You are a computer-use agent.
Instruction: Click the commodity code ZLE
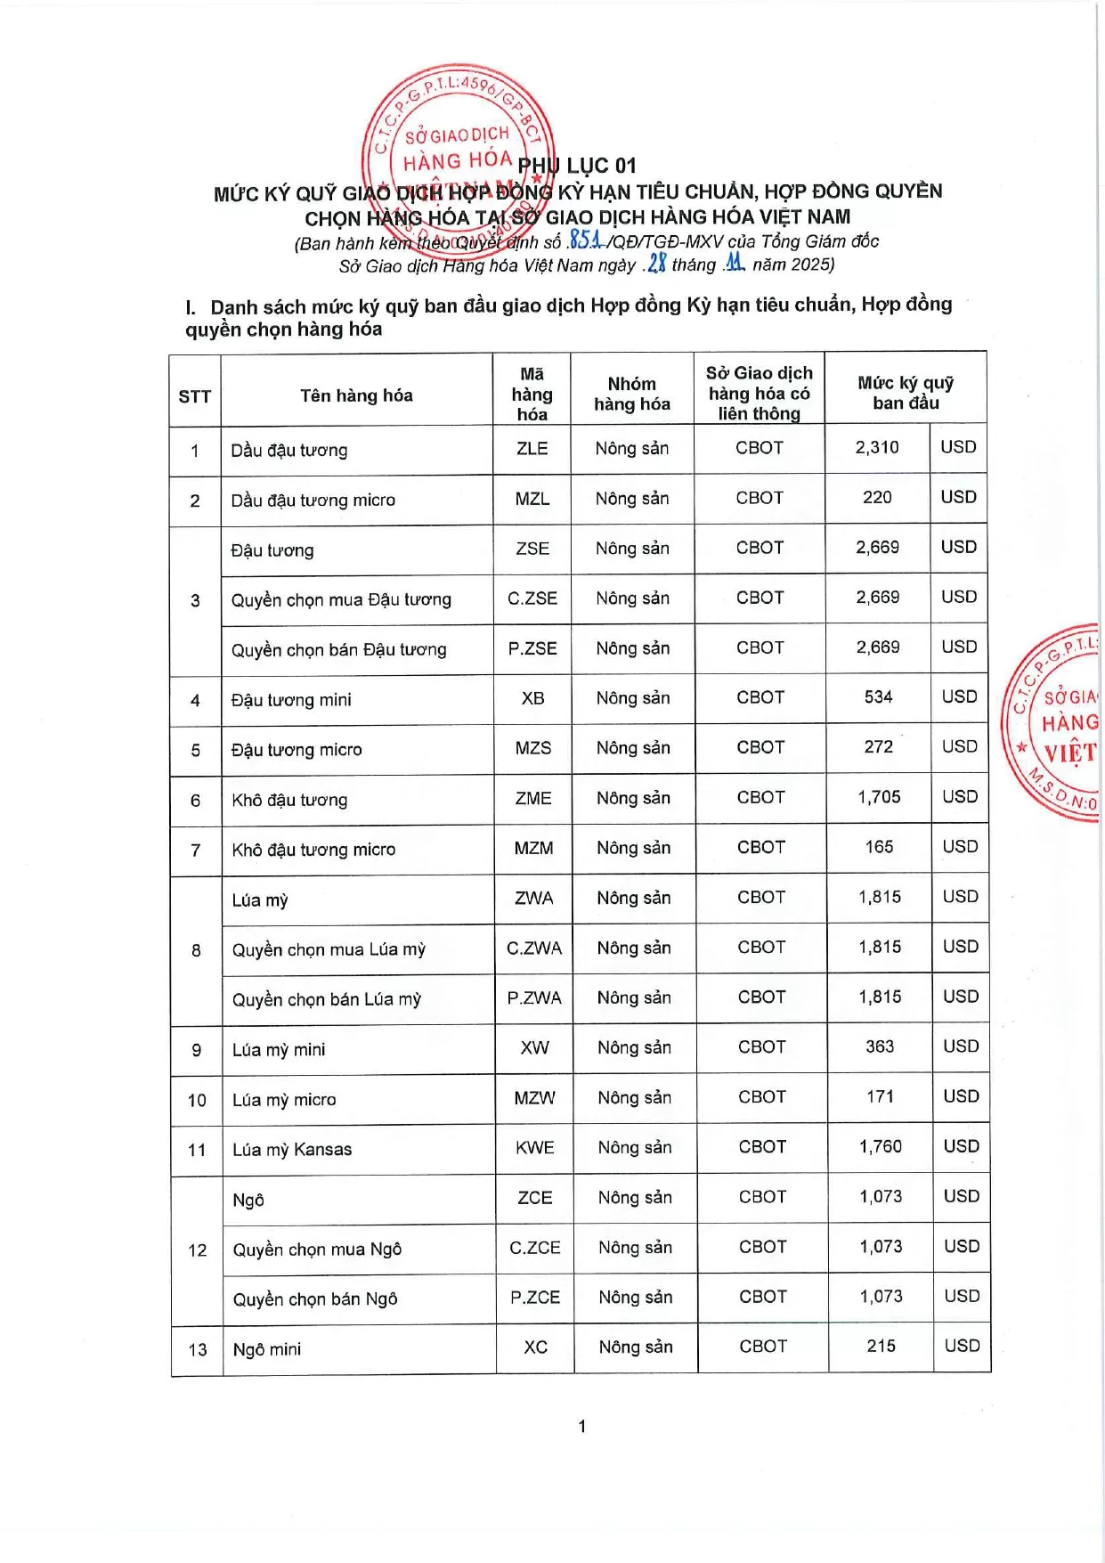(532, 448)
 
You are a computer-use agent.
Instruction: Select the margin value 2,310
(877, 447)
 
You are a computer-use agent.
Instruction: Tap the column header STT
(194, 396)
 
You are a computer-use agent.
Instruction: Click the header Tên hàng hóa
(356, 395)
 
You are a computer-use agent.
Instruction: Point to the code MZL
(532, 499)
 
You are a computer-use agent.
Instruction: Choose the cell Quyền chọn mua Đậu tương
(341, 599)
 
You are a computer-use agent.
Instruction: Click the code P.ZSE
(532, 648)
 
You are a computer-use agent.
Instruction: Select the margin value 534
(878, 696)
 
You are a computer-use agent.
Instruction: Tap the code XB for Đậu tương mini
(532, 698)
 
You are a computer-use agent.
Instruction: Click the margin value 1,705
(879, 796)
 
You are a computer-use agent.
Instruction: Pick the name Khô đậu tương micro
(313, 850)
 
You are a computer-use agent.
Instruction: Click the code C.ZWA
(534, 948)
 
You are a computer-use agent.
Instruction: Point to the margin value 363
(880, 1046)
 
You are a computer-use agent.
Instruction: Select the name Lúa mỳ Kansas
(292, 1150)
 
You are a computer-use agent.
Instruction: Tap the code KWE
(535, 1147)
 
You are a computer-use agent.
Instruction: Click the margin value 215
(881, 1346)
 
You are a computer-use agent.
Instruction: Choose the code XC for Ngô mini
(535, 1347)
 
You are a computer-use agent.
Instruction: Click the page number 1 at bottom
(581, 1426)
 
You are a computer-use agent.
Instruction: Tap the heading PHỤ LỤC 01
(577, 166)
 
